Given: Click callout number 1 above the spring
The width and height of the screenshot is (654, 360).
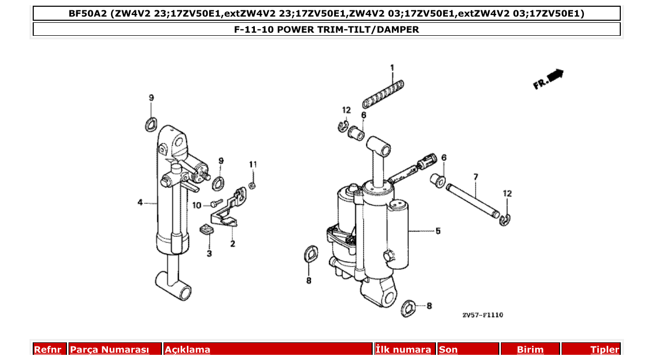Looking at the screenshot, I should click(392, 68).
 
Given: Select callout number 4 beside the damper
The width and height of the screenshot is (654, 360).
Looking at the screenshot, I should click(140, 203).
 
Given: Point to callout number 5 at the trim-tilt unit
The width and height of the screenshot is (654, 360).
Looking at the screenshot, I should click(438, 231).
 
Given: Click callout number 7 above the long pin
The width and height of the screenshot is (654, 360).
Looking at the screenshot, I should click(475, 177).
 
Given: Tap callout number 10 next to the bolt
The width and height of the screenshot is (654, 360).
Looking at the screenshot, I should click(197, 205).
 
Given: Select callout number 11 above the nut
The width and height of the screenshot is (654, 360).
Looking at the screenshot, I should click(253, 164).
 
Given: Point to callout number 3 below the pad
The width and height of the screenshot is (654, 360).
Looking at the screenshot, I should click(209, 253).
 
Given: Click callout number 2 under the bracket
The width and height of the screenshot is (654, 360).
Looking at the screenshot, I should click(233, 243).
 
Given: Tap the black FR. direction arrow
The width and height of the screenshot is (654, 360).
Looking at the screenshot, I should click(554, 75).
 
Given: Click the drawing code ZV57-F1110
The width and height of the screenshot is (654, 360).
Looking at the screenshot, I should click(482, 315).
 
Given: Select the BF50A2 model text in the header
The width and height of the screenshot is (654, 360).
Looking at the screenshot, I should click(88, 13).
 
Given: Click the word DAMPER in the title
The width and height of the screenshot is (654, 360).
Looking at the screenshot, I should click(398, 30).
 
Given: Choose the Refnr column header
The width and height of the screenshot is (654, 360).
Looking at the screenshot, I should click(47, 350).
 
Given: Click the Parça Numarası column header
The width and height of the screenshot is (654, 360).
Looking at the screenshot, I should click(110, 350).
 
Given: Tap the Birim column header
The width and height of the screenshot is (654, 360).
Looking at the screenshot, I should click(530, 350).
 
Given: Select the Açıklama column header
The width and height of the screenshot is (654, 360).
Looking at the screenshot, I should click(187, 350).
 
